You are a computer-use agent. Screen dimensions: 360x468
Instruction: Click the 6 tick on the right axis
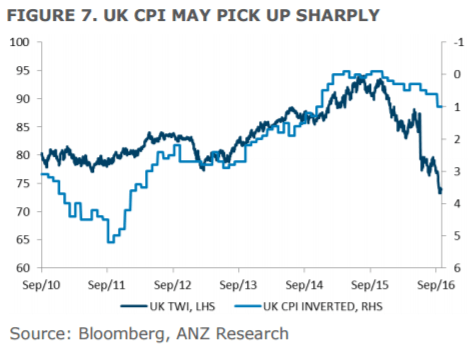click(x=456, y=268)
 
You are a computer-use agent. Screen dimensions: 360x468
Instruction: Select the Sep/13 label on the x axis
click(x=239, y=284)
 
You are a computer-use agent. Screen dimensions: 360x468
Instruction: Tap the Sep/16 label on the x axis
click(x=436, y=284)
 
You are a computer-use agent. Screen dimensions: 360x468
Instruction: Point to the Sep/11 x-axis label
click(x=107, y=284)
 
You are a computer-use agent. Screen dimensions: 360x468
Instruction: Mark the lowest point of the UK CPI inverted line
click(x=109, y=241)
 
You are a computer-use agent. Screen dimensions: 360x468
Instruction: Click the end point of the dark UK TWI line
click(x=441, y=194)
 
